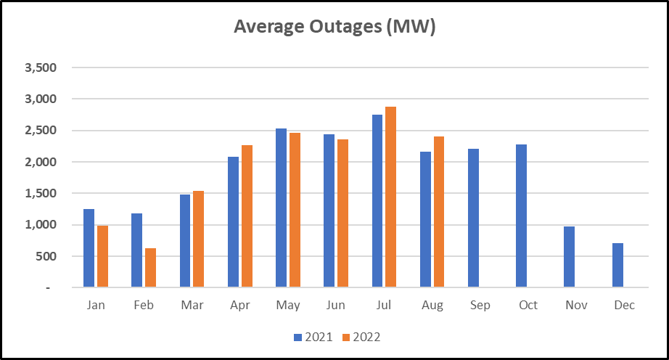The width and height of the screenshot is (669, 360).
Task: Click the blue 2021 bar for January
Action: pyautogui.click(x=89, y=247)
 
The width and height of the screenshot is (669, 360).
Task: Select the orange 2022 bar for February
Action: pyautogui.click(x=151, y=267)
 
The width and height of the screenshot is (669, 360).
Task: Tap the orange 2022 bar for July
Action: pyautogui.click(x=391, y=197)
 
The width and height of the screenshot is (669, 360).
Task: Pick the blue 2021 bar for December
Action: pyautogui.click(x=617, y=265)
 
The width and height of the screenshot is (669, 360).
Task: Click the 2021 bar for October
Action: pyautogui.click(x=522, y=216)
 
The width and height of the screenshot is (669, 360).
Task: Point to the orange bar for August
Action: pyautogui.click(x=439, y=211)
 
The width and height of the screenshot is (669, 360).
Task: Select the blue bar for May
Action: pyautogui.click(x=281, y=208)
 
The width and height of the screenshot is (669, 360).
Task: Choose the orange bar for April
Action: pyautogui.click(x=247, y=216)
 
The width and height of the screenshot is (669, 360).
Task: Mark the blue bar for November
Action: pyautogui.click(x=569, y=257)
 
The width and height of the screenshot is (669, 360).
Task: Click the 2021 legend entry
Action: pyautogui.click(x=313, y=337)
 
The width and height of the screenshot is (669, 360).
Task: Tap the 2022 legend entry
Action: pyautogui.click(x=361, y=337)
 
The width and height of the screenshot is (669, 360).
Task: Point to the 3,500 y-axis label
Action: pyautogui.click(x=41, y=67)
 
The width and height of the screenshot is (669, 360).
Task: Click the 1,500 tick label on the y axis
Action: pyautogui.click(x=41, y=193)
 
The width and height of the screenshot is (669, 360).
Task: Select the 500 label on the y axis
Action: pyautogui.click(x=46, y=256)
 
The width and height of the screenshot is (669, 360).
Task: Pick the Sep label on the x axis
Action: pyautogui.click(x=480, y=306)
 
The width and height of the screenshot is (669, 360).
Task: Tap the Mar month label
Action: pyautogui.click(x=192, y=305)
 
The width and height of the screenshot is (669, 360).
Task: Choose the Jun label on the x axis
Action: pyautogui.click(x=336, y=305)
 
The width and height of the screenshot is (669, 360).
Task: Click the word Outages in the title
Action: pyautogui.click(x=345, y=26)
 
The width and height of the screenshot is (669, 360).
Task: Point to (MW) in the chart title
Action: pyautogui.click(x=411, y=26)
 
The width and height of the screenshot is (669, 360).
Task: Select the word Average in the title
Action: pyautogui.click(x=269, y=26)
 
